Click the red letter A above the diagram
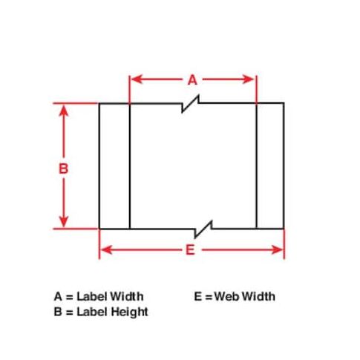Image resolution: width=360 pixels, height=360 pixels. [x=192, y=80]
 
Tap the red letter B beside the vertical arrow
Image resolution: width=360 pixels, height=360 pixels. [x=63, y=168]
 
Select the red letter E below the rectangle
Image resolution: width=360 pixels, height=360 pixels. [x=190, y=250]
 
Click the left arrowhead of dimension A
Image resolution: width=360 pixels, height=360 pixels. [x=137, y=79]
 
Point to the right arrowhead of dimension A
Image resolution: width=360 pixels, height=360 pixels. [x=249, y=79]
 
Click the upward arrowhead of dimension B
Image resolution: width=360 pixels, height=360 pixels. [x=64, y=111]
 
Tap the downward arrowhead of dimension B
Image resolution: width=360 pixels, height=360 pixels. [x=64, y=221]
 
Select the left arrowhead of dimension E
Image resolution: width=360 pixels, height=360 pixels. [x=106, y=250]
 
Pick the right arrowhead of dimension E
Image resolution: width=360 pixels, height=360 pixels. [x=277, y=250]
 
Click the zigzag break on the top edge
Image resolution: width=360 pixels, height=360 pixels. [x=190, y=103]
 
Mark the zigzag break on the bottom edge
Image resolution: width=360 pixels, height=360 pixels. [x=203, y=229]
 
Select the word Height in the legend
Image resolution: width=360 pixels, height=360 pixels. [x=129, y=312]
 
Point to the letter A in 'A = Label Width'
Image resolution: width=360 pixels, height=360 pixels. [x=58, y=296]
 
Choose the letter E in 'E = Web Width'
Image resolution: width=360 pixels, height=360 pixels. [x=198, y=296]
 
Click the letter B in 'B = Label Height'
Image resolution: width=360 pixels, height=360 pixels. [x=58, y=312]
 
